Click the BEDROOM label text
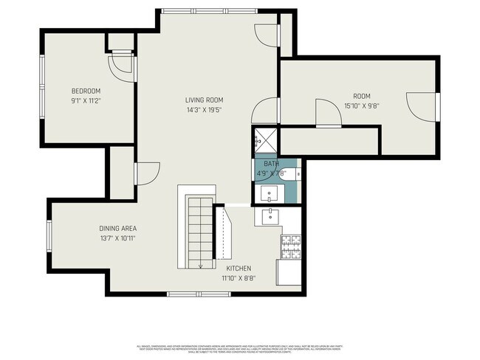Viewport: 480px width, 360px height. tap(86, 91)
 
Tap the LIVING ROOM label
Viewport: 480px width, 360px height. tap(204, 100)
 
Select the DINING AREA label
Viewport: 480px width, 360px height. tap(118, 228)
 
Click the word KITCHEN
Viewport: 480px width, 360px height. tap(239, 269)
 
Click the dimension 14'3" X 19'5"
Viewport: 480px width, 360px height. tap(204, 109)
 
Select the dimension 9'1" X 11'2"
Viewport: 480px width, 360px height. tap(86, 100)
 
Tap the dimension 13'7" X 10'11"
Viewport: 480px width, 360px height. tap(118, 238)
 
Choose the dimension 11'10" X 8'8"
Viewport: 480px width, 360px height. tap(239, 278)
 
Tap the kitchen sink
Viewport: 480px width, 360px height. tap(270, 217)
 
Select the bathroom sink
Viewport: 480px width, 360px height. tap(270, 193)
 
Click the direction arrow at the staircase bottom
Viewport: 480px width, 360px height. tap(200, 266)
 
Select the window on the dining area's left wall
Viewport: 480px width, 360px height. tap(49, 236)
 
